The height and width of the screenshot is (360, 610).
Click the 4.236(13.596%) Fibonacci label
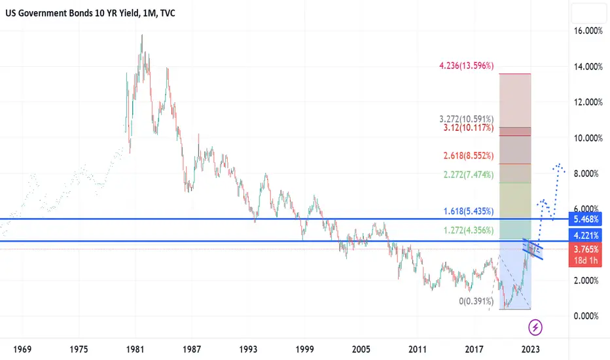pos(467,66)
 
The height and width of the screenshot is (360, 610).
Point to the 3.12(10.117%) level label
pos(467,128)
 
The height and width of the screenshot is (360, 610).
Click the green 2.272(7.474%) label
pos(467,174)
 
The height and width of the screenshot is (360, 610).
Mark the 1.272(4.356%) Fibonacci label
pos(467,230)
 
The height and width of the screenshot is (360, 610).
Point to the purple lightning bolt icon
pos(535,326)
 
